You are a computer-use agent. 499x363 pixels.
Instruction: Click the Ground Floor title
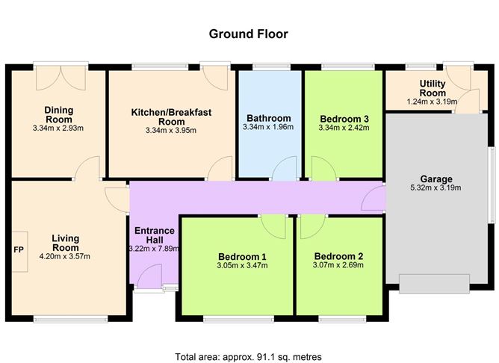pyautogui.click(x=248, y=34)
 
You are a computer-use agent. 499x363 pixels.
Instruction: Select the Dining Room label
pyautogui.click(x=58, y=114)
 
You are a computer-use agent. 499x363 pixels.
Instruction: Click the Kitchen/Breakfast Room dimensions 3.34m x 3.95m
pyautogui.click(x=171, y=131)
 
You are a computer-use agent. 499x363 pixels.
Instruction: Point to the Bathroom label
pyautogui.click(x=268, y=118)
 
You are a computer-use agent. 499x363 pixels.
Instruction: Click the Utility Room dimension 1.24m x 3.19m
pyautogui.click(x=433, y=102)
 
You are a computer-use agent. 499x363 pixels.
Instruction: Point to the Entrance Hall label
pyautogui.click(x=155, y=235)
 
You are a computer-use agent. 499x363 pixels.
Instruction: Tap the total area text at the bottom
pyautogui.click(x=248, y=357)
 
